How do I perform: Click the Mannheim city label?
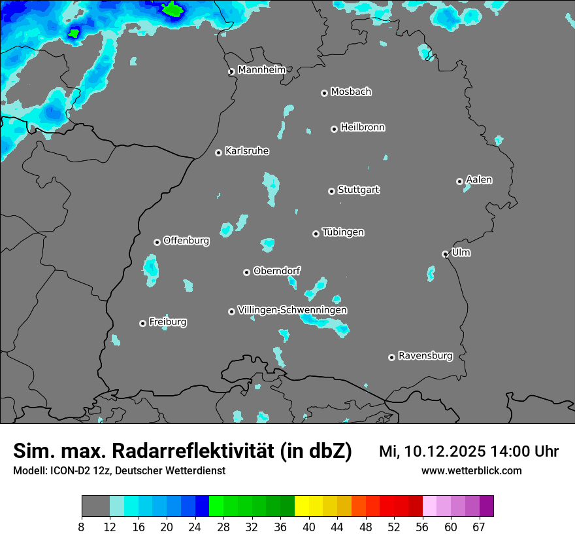261,69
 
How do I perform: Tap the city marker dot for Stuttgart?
331,191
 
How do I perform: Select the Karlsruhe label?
247,151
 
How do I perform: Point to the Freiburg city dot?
142,323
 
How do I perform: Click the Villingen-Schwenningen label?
292,309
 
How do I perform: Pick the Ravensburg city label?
425,356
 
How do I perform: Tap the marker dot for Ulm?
445,254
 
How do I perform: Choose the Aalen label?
479,179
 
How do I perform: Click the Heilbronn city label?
363,127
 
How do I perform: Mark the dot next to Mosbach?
324,93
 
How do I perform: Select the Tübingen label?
343,232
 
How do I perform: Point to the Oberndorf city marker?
246,272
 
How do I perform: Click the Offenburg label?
186,241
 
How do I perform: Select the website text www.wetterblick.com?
471,470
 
